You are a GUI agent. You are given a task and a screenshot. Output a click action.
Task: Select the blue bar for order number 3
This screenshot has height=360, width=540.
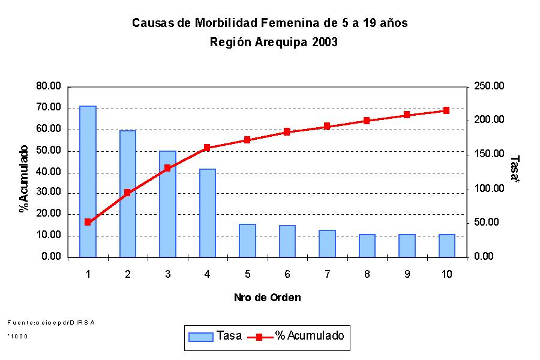tap(167, 204)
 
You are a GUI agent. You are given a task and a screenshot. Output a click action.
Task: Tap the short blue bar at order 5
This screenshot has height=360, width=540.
tap(247, 241)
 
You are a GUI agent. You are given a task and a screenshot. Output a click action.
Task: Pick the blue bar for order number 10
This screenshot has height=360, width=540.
tap(446, 245)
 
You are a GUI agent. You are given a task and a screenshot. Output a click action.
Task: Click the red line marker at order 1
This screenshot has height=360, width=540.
tap(88, 222)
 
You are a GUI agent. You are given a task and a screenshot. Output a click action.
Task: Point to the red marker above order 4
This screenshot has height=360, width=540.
tap(207, 148)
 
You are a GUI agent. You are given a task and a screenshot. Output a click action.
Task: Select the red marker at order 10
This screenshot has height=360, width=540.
tap(446, 110)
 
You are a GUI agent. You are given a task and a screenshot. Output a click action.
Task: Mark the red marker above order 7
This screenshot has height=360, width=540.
tap(327, 127)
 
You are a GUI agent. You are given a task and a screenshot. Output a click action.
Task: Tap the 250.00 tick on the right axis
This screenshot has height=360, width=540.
tap(490, 86)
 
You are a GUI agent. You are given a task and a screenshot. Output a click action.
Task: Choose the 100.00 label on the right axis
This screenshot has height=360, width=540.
tap(490, 189)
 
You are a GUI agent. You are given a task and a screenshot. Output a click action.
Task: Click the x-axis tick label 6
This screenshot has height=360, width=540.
tap(287, 274)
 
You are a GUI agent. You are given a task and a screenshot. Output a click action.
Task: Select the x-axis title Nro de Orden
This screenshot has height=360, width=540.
tap(267, 298)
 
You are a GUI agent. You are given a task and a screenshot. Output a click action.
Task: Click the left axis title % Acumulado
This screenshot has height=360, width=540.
tap(24, 179)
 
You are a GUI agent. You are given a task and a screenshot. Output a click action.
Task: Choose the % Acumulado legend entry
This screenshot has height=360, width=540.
tap(297, 336)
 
